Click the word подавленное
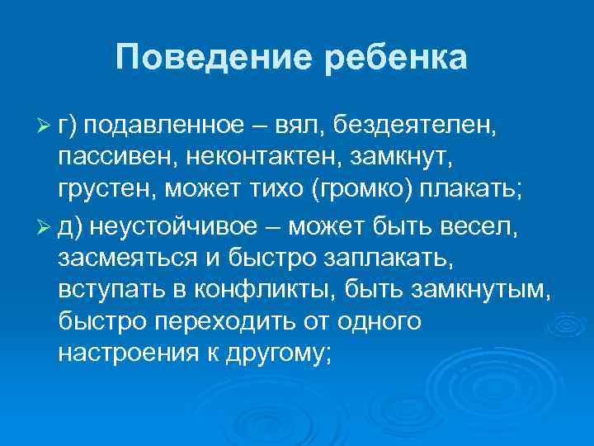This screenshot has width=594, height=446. click(x=164, y=126)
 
